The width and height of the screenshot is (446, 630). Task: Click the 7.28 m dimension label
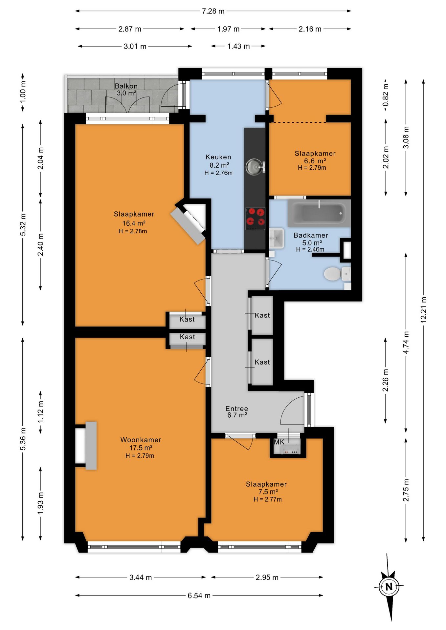[213, 11]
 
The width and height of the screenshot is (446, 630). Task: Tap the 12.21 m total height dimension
[424, 309]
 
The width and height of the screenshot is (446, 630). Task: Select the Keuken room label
[218, 157]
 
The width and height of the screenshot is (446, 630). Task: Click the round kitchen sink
[254, 166]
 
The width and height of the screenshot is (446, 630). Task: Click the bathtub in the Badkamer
[319, 213]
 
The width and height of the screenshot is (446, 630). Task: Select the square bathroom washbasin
[277, 238]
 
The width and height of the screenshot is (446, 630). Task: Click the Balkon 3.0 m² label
[126, 89]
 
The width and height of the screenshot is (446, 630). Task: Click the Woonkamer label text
[141, 440]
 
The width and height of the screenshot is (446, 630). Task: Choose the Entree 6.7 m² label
[237, 412]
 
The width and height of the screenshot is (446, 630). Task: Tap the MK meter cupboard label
[279, 442]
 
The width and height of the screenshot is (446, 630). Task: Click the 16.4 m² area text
[134, 223]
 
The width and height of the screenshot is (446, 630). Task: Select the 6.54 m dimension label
[199, 596]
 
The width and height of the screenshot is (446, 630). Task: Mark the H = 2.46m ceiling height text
[310, 249]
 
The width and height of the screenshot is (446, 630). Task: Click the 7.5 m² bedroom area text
[268, 492]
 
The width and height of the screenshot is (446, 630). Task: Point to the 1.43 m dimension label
[238, 46]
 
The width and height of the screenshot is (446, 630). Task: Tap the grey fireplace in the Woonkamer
[91, 445]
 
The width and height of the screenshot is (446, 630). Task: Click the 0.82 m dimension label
[386, 94]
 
